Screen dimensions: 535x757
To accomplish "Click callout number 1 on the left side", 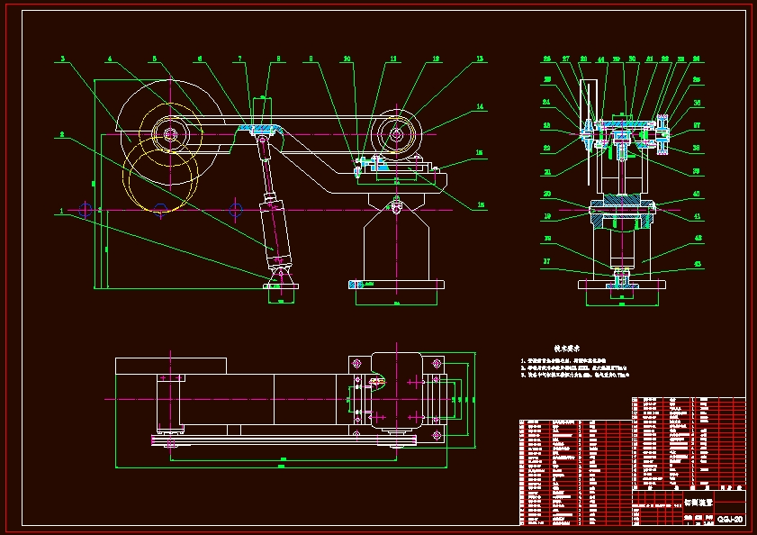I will (x=61, y=211).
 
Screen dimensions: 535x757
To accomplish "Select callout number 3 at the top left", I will (x=62, y=59).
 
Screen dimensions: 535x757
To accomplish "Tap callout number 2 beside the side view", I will (x=61, y=135).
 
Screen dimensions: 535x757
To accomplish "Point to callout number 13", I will (x=480, y=59).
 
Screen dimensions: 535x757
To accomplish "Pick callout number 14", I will (x=481, y=107).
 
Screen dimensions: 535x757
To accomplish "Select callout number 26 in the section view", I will (x=547, y=59).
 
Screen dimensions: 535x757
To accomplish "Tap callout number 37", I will (x=547, y=263).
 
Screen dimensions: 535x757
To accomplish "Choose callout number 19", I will (x=547, y=216).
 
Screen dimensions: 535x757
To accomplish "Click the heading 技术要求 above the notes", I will (x=565, y=346).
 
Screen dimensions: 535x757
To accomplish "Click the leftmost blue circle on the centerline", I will (x=85, y=211).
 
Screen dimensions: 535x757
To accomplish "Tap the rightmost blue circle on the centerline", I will (x=236, y=211).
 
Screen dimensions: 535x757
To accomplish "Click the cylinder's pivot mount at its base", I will (x=281, y=277).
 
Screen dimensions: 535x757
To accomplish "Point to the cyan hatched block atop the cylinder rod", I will (x=263, y=131).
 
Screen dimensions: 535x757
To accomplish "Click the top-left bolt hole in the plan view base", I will (x=356, y=362).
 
